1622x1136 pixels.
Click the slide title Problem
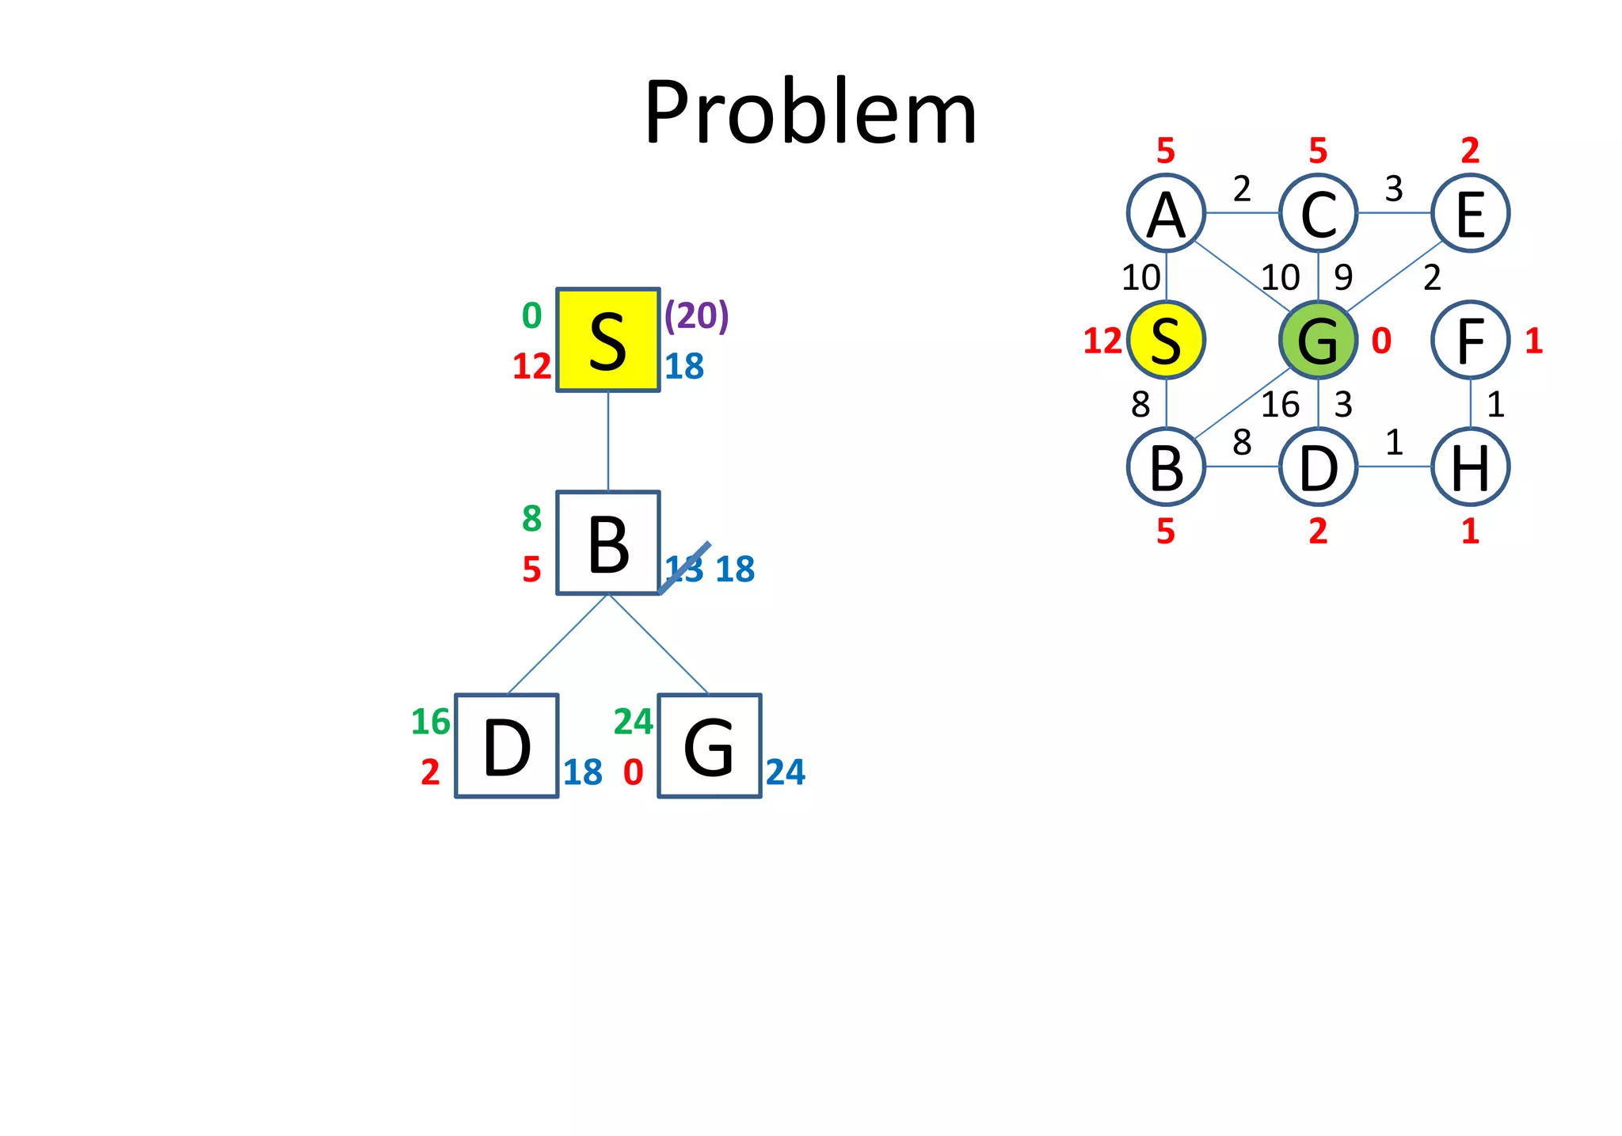810,112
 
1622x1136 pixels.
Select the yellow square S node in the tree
607,340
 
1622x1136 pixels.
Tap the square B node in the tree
607,543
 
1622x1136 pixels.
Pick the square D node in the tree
507,745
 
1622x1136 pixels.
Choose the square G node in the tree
709,745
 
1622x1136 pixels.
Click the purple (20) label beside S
696,315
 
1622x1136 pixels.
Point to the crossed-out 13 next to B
683,569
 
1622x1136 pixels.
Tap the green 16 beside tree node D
430,722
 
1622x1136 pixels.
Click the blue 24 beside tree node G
785,772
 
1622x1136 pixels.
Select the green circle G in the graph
1318,340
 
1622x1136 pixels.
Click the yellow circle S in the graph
1166,340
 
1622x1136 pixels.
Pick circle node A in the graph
1166,213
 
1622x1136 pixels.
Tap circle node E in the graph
1470,213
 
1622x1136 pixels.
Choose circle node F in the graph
1470,340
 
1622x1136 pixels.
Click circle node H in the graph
1470,467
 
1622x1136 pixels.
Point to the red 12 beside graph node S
1102,341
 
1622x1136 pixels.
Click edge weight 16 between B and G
1280,405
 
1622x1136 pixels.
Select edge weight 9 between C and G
1343,277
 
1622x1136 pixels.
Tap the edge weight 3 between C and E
1394,189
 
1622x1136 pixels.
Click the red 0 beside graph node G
1381,341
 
